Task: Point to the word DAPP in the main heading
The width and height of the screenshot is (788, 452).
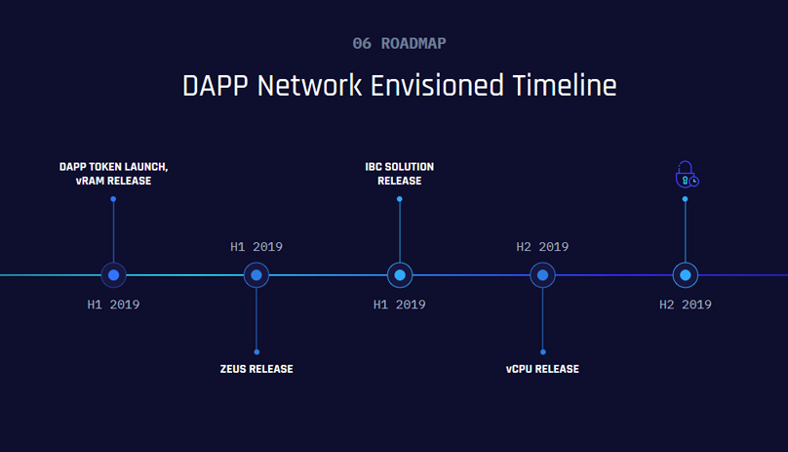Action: pos(216,85)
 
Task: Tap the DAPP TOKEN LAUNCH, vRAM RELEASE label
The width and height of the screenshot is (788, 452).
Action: pos(113,174)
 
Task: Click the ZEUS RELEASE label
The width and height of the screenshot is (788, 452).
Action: pos(256,369)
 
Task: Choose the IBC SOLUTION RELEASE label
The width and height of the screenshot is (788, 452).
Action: pos(400,174)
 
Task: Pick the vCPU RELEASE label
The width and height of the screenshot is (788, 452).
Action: pos(542,369)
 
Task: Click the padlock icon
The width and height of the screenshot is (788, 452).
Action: pos(687,175)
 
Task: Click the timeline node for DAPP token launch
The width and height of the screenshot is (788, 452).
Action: pos(114,275)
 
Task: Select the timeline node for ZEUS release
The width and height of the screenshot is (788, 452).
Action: pos(256,275)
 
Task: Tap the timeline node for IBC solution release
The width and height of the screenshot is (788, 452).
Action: pos(400,275)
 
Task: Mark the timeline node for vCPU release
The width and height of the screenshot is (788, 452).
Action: pos(542,275)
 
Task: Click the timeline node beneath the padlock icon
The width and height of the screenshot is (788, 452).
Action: pos(686,275)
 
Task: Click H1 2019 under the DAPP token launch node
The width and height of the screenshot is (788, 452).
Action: pos(113,305)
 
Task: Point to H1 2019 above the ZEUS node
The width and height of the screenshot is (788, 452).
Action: pos(256,247)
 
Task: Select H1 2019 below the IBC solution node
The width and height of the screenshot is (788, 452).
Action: pos(400,305)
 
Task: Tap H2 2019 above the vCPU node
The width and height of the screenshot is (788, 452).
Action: pos(542,247)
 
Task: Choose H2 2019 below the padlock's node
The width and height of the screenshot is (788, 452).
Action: pos(686,305)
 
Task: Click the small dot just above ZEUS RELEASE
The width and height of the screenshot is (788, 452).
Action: pos(256,351)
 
